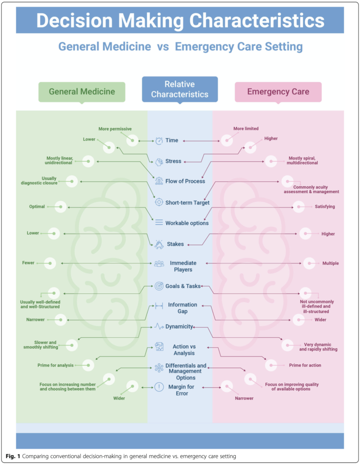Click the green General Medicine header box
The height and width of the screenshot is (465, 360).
pos(82,92)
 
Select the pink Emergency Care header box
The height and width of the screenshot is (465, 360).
pos(278,92)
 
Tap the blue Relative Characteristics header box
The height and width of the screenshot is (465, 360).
pos(180,89)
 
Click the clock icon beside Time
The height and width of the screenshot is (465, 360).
pos(159,141)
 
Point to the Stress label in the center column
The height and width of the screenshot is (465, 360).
pos(173,161)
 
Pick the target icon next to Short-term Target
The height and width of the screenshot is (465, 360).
pos(159,202)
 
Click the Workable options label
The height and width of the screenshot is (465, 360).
pos(187,223)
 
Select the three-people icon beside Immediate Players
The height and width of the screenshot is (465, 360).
pos(159,263)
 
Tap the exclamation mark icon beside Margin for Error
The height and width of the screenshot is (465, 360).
pos(159,387)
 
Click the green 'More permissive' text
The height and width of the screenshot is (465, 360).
pos(115,129)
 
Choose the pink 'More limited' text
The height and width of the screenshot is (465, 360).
pos(246,129)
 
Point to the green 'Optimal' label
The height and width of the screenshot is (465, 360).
pos(37,207)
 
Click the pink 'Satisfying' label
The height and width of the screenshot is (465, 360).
pos(325,207)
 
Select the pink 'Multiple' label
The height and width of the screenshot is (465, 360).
pos(330,263)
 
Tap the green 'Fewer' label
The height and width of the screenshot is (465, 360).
pos(28,263)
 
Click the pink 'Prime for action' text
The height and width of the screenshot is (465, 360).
pos(305,366)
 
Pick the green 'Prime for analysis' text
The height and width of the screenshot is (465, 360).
pos(55,366)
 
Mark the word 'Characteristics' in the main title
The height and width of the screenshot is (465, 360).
pos(257,21)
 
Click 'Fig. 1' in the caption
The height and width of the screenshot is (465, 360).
pos(13,456)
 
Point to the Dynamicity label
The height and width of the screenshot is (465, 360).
pos(179,326)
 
